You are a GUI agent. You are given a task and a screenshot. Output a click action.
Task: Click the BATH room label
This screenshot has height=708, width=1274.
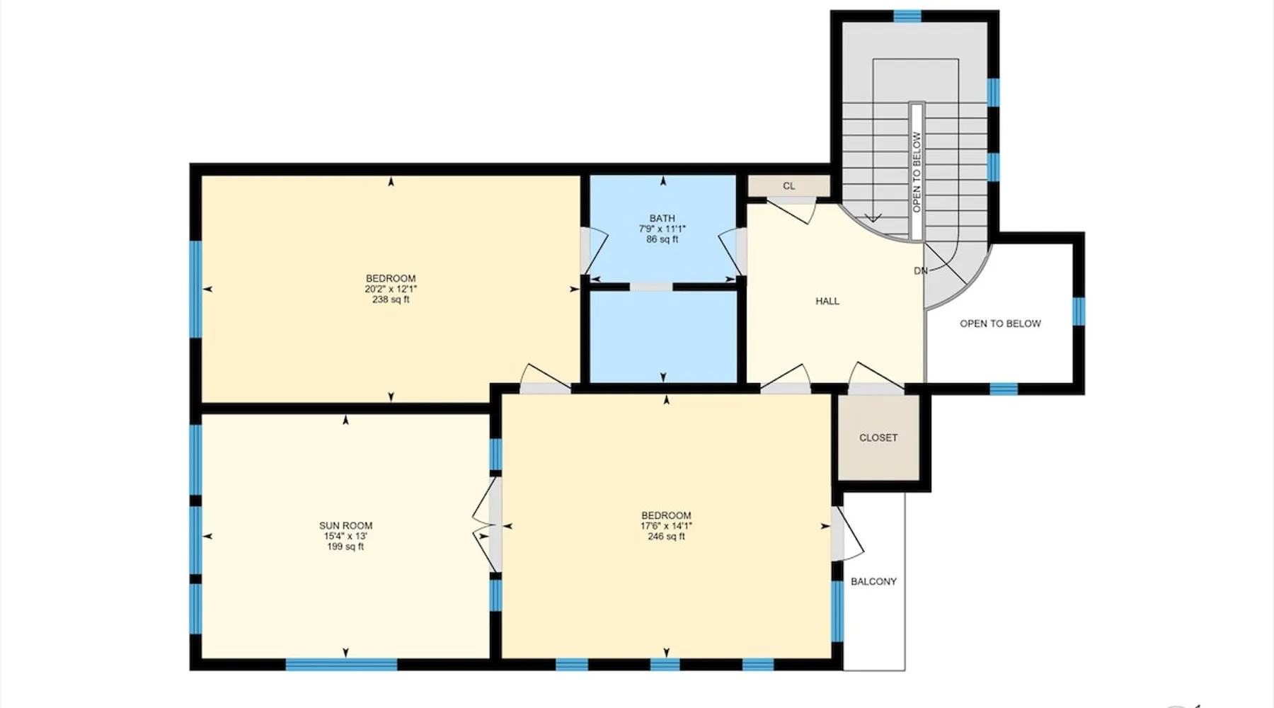coord(662,218)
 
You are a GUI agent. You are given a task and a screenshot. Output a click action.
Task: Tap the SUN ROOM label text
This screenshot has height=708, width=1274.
coord(345,525)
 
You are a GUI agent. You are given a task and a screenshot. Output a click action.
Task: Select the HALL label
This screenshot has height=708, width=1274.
coord(827,301)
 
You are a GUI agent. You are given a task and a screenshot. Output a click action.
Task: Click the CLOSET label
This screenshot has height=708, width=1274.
coord(878,438)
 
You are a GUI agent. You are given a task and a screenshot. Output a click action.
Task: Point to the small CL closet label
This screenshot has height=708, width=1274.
coord(789,186)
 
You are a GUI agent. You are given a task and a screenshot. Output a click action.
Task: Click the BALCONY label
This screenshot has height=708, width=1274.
coord(873,581)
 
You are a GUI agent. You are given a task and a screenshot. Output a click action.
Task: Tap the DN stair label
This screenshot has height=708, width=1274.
coord(921,270)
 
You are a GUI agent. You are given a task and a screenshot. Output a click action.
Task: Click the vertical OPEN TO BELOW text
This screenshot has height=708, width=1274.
coord(917,172)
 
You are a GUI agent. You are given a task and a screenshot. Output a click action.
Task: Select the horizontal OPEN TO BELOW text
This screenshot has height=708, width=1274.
coord(1000,324)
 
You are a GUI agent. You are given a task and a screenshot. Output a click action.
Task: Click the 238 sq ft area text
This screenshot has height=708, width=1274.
coord(391,299)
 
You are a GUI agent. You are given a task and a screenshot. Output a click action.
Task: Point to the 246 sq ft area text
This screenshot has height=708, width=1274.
coord(666,537)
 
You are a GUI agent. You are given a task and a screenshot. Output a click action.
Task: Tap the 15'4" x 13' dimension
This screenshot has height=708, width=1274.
coord(345,536)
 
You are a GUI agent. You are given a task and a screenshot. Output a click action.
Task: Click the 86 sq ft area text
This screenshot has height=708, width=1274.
coord(662,239)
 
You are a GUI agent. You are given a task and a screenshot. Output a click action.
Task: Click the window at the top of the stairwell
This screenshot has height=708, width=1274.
coord(907,16)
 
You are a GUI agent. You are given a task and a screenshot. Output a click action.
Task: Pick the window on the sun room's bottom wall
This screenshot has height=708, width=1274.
coord(341,664)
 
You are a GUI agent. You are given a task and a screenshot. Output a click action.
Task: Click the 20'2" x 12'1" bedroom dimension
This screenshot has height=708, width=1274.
coord(391,289)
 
